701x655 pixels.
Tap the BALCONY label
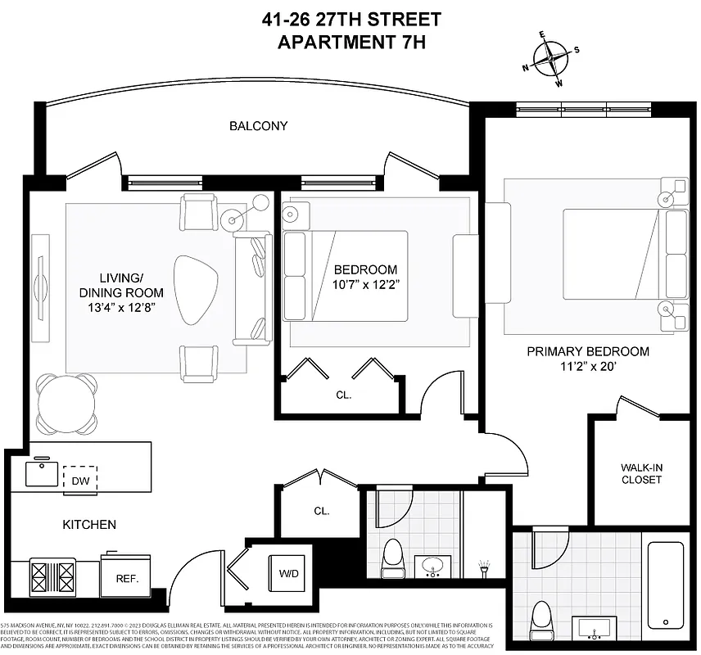259,126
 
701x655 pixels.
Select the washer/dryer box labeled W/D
287,572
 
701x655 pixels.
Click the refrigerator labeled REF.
125,576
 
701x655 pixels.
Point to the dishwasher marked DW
80,478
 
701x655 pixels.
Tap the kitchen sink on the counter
41,473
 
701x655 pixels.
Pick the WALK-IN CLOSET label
641,473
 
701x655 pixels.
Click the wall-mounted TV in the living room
38,278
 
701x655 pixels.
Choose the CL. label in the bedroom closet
343,395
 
